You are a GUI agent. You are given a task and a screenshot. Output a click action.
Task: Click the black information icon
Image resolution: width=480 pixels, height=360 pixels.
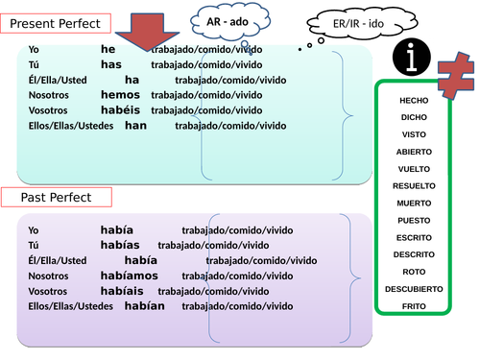[413, 60]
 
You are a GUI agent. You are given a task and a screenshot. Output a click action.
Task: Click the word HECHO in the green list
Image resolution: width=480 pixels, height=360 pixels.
[414, 100]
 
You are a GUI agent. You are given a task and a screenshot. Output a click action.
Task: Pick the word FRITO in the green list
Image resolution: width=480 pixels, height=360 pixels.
[414, 305]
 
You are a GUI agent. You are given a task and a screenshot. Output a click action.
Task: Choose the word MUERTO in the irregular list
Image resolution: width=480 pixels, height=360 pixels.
[414, 203]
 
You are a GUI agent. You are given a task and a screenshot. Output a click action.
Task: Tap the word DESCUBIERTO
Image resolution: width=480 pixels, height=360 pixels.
[414, 288]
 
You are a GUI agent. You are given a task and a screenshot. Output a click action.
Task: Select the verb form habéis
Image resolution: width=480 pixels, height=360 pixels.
[121, 110]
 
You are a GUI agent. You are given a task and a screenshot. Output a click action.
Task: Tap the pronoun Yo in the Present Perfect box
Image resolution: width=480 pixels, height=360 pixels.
[35, 49]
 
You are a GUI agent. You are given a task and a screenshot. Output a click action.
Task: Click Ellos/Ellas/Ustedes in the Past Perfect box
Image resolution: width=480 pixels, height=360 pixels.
[70, 306]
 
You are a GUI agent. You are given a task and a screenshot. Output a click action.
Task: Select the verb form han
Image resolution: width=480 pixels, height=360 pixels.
[136, 126]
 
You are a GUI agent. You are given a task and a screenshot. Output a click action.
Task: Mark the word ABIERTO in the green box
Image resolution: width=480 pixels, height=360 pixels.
[414, 152]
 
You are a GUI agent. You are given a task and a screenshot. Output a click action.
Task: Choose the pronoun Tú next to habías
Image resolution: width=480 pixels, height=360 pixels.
[35, 245]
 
